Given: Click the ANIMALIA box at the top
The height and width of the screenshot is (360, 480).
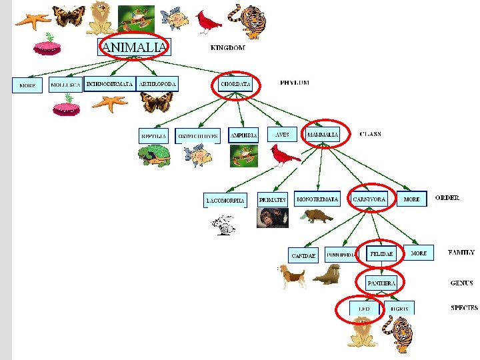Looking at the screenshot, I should pos(134,47).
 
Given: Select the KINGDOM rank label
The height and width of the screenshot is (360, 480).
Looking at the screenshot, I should pos(227,48).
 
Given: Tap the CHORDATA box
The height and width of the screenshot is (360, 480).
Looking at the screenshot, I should pos(235,85).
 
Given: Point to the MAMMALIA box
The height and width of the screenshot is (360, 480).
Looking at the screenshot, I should pos(323,135).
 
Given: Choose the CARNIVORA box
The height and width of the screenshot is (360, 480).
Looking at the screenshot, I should pos(369,199).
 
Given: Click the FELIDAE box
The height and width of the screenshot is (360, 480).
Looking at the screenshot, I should pos(382,254).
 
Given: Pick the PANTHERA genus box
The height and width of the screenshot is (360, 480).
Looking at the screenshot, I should pos(381,283).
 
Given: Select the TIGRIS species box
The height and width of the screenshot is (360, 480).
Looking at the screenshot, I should pos(399,309).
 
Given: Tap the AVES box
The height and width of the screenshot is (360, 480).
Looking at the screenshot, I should pos(282,135).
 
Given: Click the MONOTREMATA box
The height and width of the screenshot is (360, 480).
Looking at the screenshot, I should pos(317,199).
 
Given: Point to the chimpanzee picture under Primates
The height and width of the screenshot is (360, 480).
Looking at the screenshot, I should pos(272,218).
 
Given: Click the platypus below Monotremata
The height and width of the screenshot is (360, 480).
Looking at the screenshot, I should pos(316,217).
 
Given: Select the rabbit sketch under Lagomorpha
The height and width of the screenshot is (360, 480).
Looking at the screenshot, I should pos(225,225).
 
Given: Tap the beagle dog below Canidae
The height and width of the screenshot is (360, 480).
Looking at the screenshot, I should pos(292,276).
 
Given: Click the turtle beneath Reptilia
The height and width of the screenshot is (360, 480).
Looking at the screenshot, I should pos(154,157).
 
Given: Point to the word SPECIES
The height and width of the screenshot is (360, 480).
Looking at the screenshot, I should pos(463,308).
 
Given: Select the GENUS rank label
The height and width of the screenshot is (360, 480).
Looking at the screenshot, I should pos(462,283).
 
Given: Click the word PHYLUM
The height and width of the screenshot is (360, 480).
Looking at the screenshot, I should pos(295,83).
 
